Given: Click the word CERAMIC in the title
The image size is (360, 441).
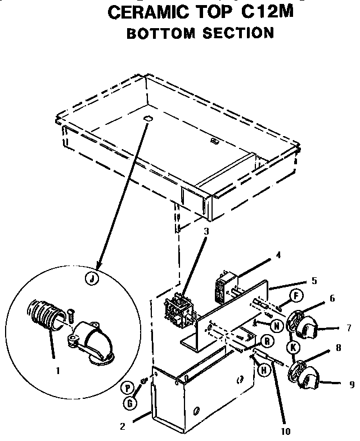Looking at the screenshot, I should [147, 11].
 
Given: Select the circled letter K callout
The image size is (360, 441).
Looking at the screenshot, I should [292, 348].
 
